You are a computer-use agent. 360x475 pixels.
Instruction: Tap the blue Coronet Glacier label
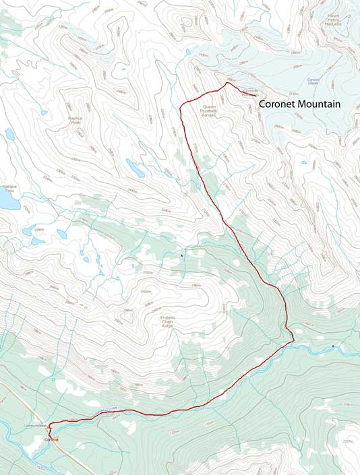click(313, 81)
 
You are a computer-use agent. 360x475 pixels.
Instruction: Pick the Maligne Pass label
click(9, 189)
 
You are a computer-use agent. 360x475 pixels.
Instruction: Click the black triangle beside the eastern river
click(332, 346)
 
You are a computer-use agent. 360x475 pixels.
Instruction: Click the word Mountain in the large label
click(319, 104)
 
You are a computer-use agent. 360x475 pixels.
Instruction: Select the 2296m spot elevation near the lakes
click(39, 230)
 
